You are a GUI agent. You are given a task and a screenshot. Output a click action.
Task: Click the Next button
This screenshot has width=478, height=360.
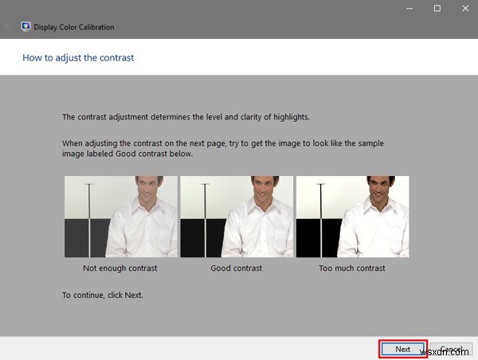click(x=403, y=349)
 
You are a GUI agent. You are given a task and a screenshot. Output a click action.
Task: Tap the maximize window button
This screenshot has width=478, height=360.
click(x=437, y=8)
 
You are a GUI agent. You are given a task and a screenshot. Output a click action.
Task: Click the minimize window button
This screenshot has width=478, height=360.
click(x=408, y=8)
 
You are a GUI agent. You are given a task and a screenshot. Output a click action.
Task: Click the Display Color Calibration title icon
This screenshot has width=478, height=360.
click(x=26, y=26)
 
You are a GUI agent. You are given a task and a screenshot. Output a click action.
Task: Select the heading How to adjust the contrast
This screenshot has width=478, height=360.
click(x=78, y=57)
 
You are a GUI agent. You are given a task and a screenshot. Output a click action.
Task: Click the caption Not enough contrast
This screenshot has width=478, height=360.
click(x=120, y=268)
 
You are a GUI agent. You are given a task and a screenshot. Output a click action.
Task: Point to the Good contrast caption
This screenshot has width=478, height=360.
click(x=237, y=268)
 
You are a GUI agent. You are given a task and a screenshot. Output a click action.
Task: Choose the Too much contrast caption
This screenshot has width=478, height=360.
click(x=352, y=268)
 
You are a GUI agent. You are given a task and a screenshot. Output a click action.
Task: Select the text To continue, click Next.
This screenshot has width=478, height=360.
click(x=103, y=295)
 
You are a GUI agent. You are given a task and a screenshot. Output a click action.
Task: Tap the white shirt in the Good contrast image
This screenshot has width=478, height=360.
click(x=255, y=235)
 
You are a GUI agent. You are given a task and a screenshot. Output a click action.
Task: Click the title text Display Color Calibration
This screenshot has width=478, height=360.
click(x=74, y=27)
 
